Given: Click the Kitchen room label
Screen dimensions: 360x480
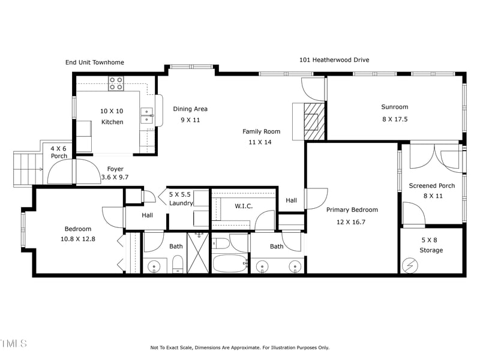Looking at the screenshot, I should [x=112, y=122].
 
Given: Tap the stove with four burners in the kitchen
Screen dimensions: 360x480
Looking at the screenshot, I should [x=116, y=83].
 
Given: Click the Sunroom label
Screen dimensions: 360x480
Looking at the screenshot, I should [x=394, y=107].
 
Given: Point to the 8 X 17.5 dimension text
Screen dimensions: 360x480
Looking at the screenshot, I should [x=394, y=119].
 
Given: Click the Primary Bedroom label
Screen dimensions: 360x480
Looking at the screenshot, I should [x=352, y=210].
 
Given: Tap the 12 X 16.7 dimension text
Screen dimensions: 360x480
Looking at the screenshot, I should [x=352, y=222].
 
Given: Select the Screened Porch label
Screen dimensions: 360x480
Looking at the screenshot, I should [x=431, y=186].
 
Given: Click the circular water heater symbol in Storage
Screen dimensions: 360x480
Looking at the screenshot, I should [x=411, y=264].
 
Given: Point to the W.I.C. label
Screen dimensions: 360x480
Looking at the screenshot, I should [x=243, y=206].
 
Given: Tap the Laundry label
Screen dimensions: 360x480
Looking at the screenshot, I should [x=181, y=203].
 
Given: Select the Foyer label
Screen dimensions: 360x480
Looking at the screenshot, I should [x=115, y=169].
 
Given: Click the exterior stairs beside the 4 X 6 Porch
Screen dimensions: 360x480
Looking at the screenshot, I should [x=26, y=169].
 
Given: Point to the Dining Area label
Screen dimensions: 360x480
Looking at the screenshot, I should [x=190, y=109].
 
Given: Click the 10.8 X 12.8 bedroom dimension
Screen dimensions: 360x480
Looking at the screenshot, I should [x=78, y=239].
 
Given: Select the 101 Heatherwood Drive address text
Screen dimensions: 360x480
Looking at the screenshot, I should [x=334, y=60].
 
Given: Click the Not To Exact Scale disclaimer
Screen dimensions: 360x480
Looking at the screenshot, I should [x=239, y=347].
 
